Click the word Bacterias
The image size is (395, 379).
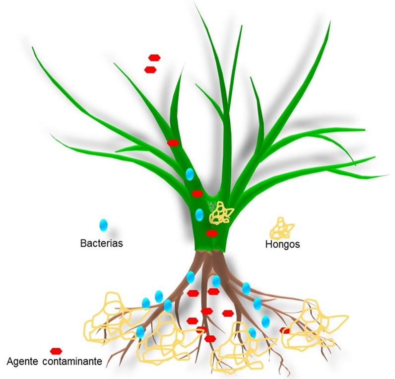pos(101,244)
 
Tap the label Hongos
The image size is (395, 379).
pos(283,244)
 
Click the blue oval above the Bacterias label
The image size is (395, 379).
pos(103,225)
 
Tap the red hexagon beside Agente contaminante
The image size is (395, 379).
pos(56,351)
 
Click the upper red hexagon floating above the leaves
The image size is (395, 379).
pos(155,58)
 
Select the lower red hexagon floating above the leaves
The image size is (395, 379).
pos(150,70)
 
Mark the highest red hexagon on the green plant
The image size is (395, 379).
pos(173,143)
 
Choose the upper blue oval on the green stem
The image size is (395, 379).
pos(189,174)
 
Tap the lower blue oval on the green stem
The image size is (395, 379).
pos(199,215)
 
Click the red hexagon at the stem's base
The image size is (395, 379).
pos(211,233)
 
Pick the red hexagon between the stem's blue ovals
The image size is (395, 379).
pos(197,193)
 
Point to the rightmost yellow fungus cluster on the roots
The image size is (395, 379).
pos(313,325)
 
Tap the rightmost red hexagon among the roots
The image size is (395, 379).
pos(284,330)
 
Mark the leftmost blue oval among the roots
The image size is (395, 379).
pos(140,331)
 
